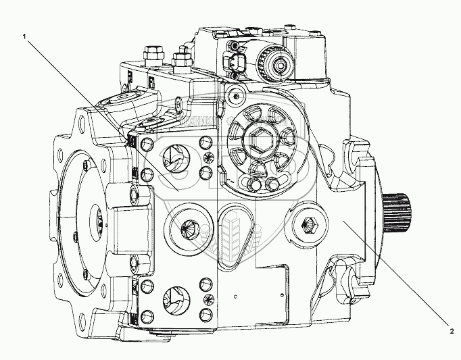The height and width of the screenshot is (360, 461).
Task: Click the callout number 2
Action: click(451, 330)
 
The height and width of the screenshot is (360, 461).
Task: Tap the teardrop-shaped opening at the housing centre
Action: click(234, 224)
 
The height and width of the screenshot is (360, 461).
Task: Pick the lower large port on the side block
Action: click(174, 298)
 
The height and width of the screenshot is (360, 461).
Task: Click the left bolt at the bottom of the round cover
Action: click(256, 185)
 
